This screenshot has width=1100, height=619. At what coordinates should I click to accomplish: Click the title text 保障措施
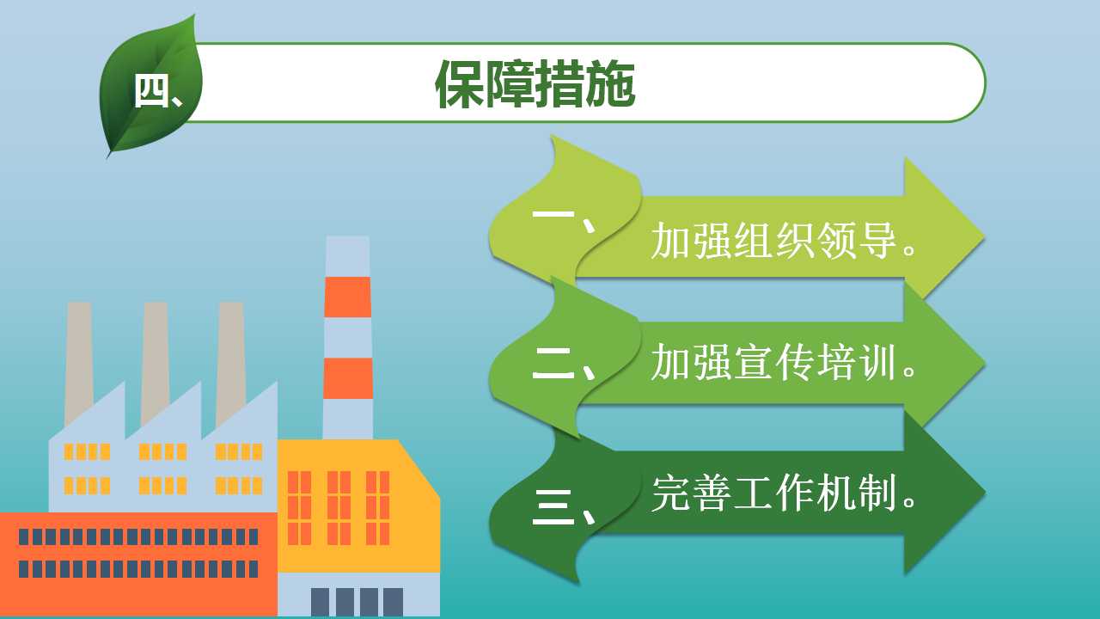click(x=535, y=84)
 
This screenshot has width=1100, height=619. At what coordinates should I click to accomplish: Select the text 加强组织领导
click(x=774, y=240)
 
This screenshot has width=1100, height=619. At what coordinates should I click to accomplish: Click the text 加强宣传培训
click(x=774, y=362)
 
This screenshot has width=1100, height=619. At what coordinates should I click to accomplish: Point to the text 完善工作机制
click(x=774, y=493)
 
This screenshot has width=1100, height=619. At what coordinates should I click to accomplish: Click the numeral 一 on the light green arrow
click(x=553, y=214)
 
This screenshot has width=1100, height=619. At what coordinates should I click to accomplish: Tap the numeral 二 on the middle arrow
click(x=553, y=364)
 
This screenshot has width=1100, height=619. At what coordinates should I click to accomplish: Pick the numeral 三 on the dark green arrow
click(x=553, y=507)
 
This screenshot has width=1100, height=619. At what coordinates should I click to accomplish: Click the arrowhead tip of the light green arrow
click(x=985, y=237)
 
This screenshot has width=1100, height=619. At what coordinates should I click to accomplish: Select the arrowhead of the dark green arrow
click(x=943, y=493)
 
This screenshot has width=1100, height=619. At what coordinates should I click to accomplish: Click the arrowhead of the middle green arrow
click(x=943, y=364)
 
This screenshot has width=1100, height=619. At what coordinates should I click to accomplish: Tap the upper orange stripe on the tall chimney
click(x=348, y=297)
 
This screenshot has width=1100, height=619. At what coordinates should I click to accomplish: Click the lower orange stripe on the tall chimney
click(x=348, y=378)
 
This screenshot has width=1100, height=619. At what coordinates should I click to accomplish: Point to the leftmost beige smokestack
click(x=79, y=364)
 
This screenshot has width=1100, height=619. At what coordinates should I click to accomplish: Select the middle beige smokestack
click(x=156, y=364)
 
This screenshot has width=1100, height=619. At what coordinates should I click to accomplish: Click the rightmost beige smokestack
click(x=231, y=364)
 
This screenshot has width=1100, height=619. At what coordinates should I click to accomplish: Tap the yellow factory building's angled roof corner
click(x=399, y=440)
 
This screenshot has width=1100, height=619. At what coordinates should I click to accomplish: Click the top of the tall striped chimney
click(x=348, y=236)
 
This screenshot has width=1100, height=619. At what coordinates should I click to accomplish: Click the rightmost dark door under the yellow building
click(x=393, y=602)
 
